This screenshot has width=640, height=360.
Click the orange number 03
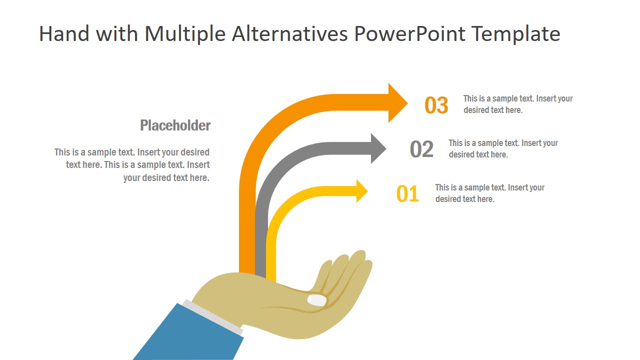[x=436, y=105]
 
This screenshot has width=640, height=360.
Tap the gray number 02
[x=421, y=149]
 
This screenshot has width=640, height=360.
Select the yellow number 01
[x=407, y=194]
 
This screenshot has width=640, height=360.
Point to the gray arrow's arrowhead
[x=377, y=148]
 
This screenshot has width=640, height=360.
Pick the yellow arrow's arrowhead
[x=361, y=191]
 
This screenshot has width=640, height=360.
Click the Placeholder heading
[x=175, y=125]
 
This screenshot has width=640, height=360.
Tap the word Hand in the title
[x=64, y=34]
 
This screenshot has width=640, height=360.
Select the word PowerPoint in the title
[x=409, y=34]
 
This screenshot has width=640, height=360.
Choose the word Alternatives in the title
[x=289, y=34]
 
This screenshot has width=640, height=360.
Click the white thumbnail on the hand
[x=317, y=300]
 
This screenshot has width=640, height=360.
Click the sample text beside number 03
[x=517, y=104]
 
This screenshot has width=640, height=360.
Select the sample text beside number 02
[x=503, y=148]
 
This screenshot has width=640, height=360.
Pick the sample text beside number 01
[x=489, y=193]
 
